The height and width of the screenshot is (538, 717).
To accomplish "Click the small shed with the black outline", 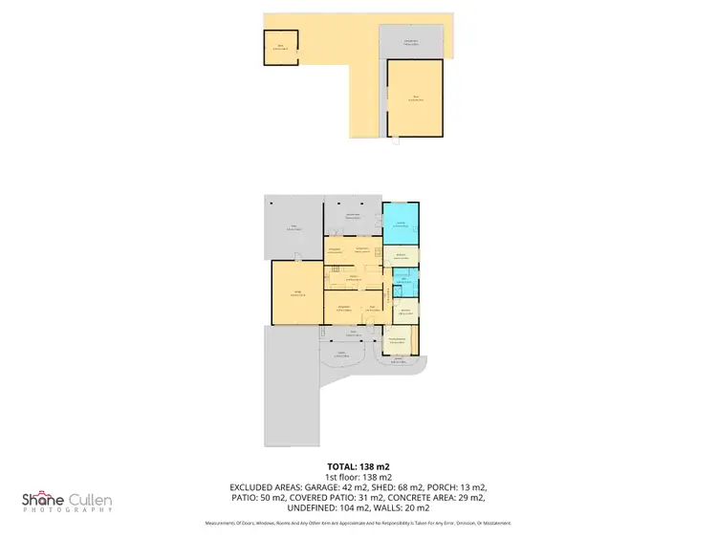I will (x=281, y=48).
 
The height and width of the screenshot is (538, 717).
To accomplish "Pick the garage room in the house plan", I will (x=296, y=293).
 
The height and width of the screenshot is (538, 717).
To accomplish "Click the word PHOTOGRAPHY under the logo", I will (x=67, y=510).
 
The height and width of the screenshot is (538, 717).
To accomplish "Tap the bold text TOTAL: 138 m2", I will (x=358, y=466).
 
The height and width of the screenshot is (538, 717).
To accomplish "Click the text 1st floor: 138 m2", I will (x=358, y=477).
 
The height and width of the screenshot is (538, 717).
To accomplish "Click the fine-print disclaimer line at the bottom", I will (x=358, y=523).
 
